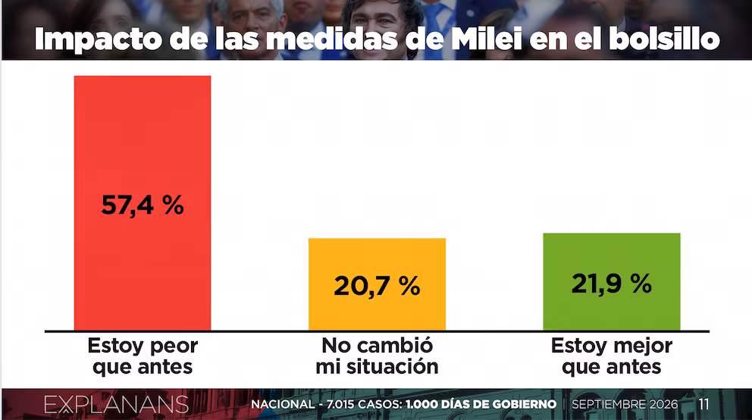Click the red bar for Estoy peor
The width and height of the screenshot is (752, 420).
143,203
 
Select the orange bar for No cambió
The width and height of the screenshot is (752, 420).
377,284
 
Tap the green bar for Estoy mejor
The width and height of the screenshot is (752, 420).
612,282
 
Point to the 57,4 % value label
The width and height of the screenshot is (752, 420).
143,205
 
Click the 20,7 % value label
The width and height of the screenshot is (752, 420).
377,286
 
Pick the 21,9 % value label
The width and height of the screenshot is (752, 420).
612,284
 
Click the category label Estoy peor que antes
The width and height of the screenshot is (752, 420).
143,356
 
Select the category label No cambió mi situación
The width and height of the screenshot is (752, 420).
377,356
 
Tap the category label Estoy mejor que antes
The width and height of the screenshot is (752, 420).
612,356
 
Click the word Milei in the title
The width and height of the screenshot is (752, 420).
487,39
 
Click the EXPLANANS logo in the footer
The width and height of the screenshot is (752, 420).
116,405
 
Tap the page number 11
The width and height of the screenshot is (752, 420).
703,404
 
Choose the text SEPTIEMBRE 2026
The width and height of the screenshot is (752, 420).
625,404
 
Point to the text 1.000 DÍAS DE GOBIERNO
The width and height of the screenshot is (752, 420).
481,404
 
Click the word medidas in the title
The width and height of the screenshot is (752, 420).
332,39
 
